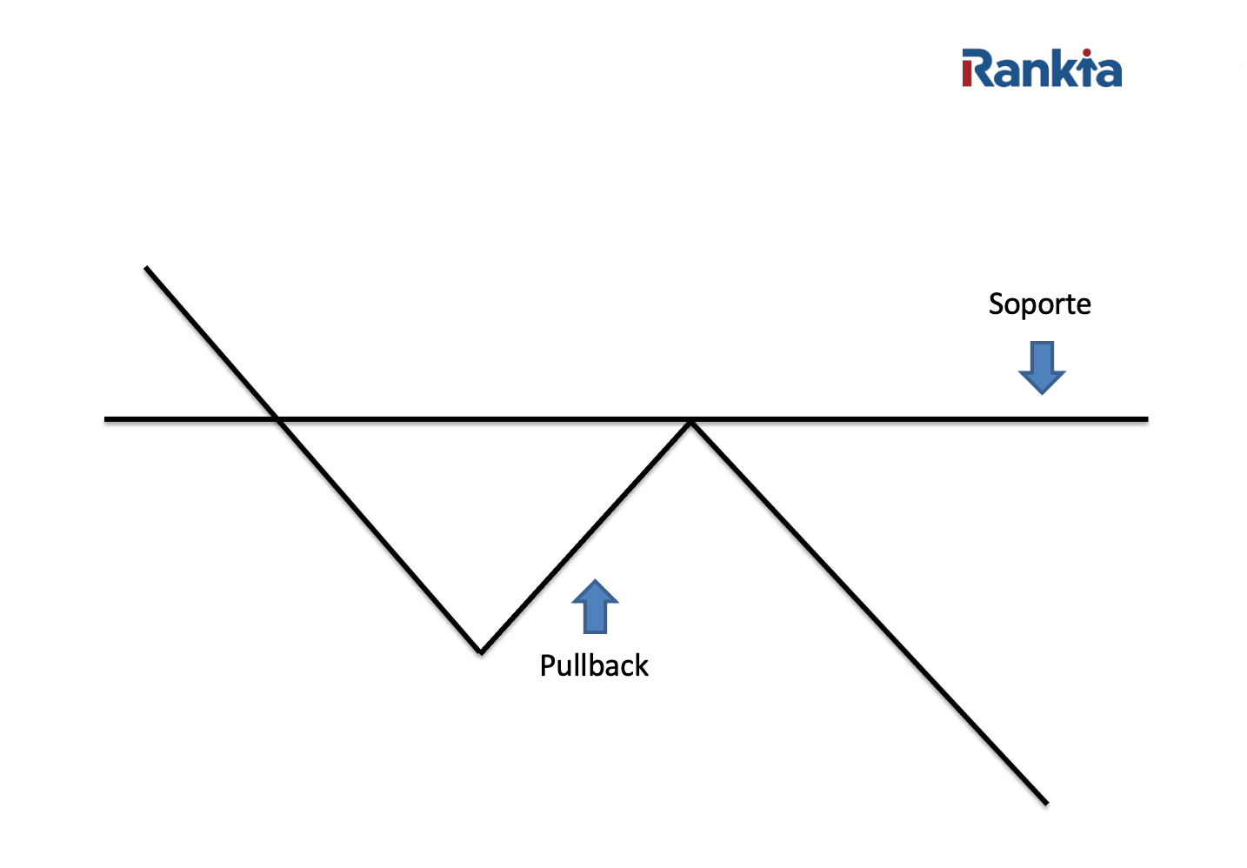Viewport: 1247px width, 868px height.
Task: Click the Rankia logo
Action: click(1041, 69)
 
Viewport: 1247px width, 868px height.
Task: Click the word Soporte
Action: click(1039, 304)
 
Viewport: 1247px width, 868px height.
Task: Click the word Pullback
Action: click(594, 665)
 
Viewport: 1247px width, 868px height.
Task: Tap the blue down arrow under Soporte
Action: click(1042, 366)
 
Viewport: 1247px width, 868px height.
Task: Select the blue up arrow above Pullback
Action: click(595, 606)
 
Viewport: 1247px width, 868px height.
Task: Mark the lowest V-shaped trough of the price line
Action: click(481, 651)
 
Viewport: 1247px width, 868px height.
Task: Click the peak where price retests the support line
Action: click(691, 423)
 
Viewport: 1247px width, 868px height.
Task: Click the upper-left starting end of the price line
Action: click(147, 268)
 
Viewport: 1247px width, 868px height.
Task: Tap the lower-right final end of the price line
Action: click(1046, 803)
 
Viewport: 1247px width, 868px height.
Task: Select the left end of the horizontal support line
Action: click(107, 419)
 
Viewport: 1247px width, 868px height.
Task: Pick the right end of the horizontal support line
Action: click(1146, 419)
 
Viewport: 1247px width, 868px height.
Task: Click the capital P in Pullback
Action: click(548, 665)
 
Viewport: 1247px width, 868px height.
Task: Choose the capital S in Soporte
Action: click(997, 304)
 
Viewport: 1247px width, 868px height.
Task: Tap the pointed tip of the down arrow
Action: click(1042, 392)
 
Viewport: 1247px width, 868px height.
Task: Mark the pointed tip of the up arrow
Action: click(595, 581)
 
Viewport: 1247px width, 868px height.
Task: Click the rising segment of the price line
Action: click(587, 535)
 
